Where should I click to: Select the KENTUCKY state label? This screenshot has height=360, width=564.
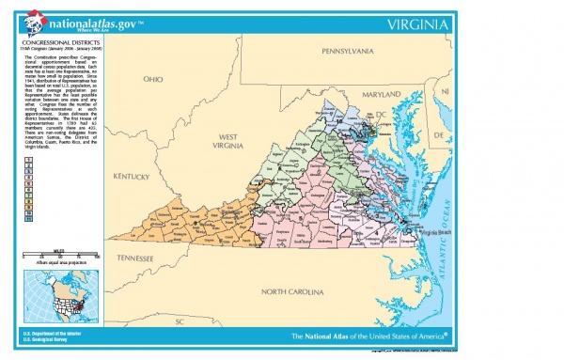point(132,177)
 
